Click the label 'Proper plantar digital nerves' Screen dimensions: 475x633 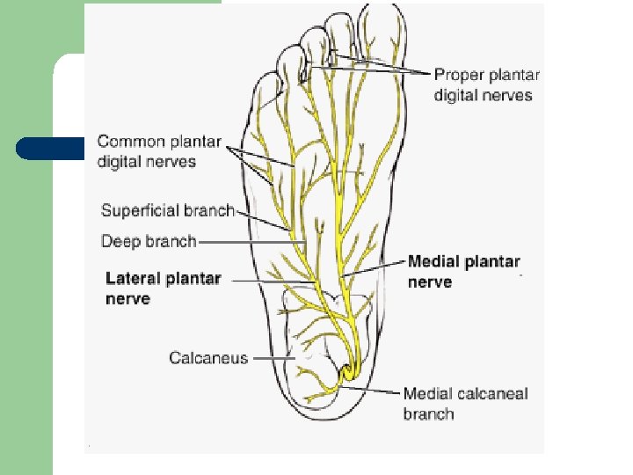486,84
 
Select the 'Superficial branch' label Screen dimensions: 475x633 167,210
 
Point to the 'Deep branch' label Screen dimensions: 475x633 148,240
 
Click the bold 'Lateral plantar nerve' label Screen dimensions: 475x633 163,289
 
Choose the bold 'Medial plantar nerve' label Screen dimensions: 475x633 463,271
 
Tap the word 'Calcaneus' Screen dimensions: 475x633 208,358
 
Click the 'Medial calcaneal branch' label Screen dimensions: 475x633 465,403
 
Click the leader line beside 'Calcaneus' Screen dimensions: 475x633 273,358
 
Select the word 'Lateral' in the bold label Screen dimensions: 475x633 132,279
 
